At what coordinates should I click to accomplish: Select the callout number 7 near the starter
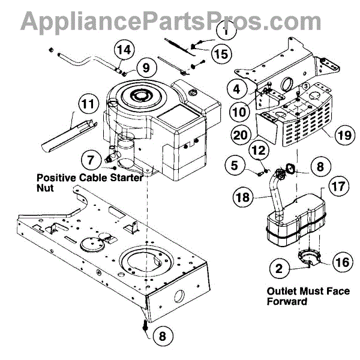click(89, 160)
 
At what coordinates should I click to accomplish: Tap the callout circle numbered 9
click(143, 68)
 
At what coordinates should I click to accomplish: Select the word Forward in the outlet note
click(287, 301)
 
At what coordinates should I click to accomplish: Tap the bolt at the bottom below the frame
click(146, 325)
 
